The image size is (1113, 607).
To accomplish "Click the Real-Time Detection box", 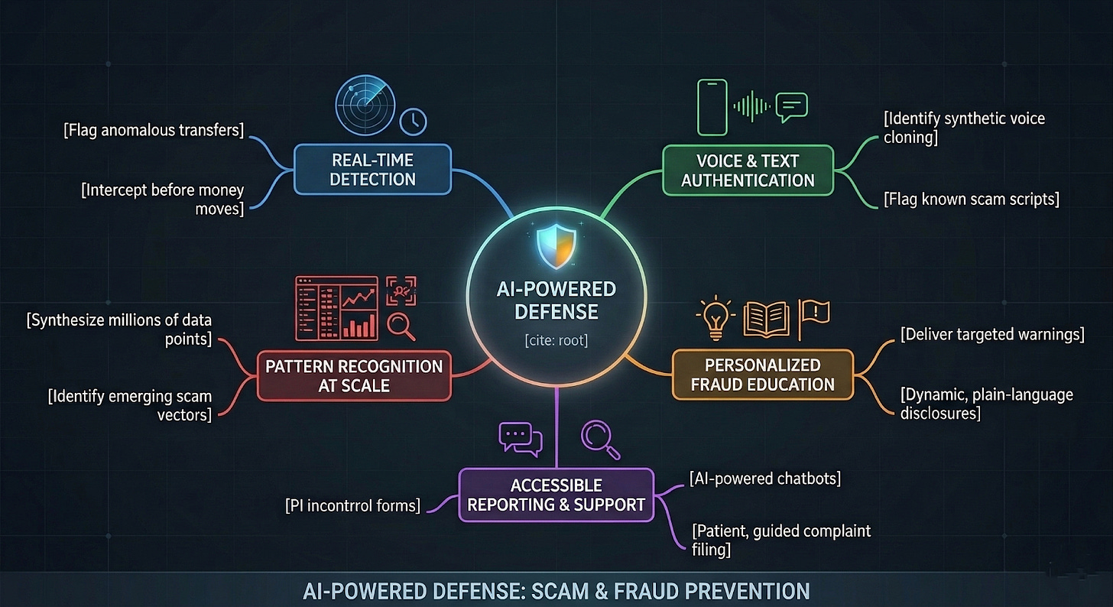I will tap(373, 169).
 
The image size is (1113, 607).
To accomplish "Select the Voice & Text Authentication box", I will tap(748, 170).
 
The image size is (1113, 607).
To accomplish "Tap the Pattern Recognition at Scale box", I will tap(354, 375).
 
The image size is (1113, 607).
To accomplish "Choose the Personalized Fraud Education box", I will tap(762, 374).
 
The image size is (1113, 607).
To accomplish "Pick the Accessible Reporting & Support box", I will tap(556, 495).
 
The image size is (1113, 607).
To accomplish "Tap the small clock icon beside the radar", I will tap(414, 121).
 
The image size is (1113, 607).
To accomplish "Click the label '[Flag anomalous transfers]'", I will tap(154, 130).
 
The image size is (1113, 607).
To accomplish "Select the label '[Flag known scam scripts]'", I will tap(971, 200).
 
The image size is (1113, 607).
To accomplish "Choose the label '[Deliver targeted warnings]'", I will tap(992, 335).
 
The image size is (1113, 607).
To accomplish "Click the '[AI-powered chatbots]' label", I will tap(764, 479).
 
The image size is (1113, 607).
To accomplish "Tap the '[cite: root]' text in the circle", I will tap(556, 339).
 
